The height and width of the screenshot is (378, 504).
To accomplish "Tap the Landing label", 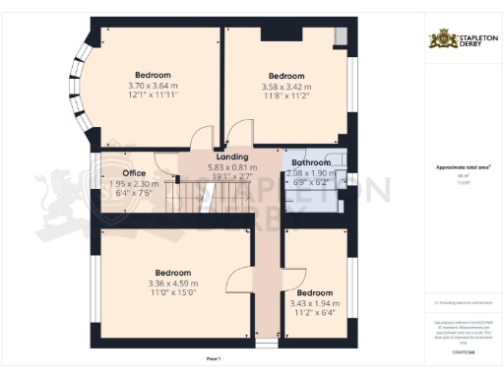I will click(x=231, y=157).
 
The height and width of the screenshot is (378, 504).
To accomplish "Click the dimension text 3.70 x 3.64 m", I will click(x=152, y=86).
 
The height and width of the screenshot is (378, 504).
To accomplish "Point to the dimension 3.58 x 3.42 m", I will click(x=286, y=87).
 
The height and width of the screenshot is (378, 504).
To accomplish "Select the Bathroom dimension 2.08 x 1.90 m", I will click(x=308, y=173).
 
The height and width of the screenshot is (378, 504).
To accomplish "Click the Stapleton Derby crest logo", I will click(x=440, y=40).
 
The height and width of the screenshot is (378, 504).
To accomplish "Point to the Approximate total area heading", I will click(x=464, y=167).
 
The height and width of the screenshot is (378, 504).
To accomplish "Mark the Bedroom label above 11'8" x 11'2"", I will click(x=286, y=76).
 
